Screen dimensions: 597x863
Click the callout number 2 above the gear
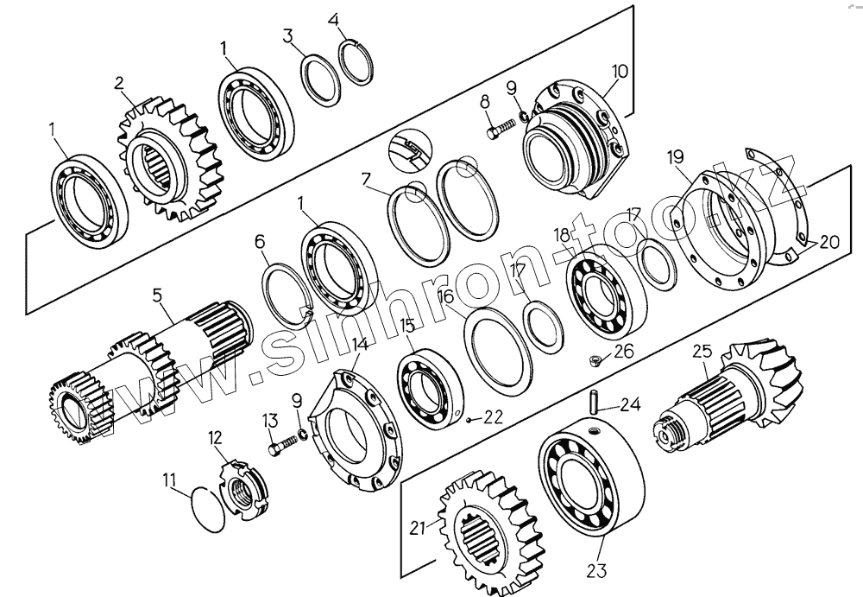click(119, 83)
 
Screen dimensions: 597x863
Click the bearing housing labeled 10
click(574, 143)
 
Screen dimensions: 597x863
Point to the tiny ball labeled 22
click(466, 420)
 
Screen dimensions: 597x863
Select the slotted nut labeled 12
click(238, 487)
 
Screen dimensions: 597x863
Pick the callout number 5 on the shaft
click(157, 295)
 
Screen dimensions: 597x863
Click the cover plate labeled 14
click(354, 428)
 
